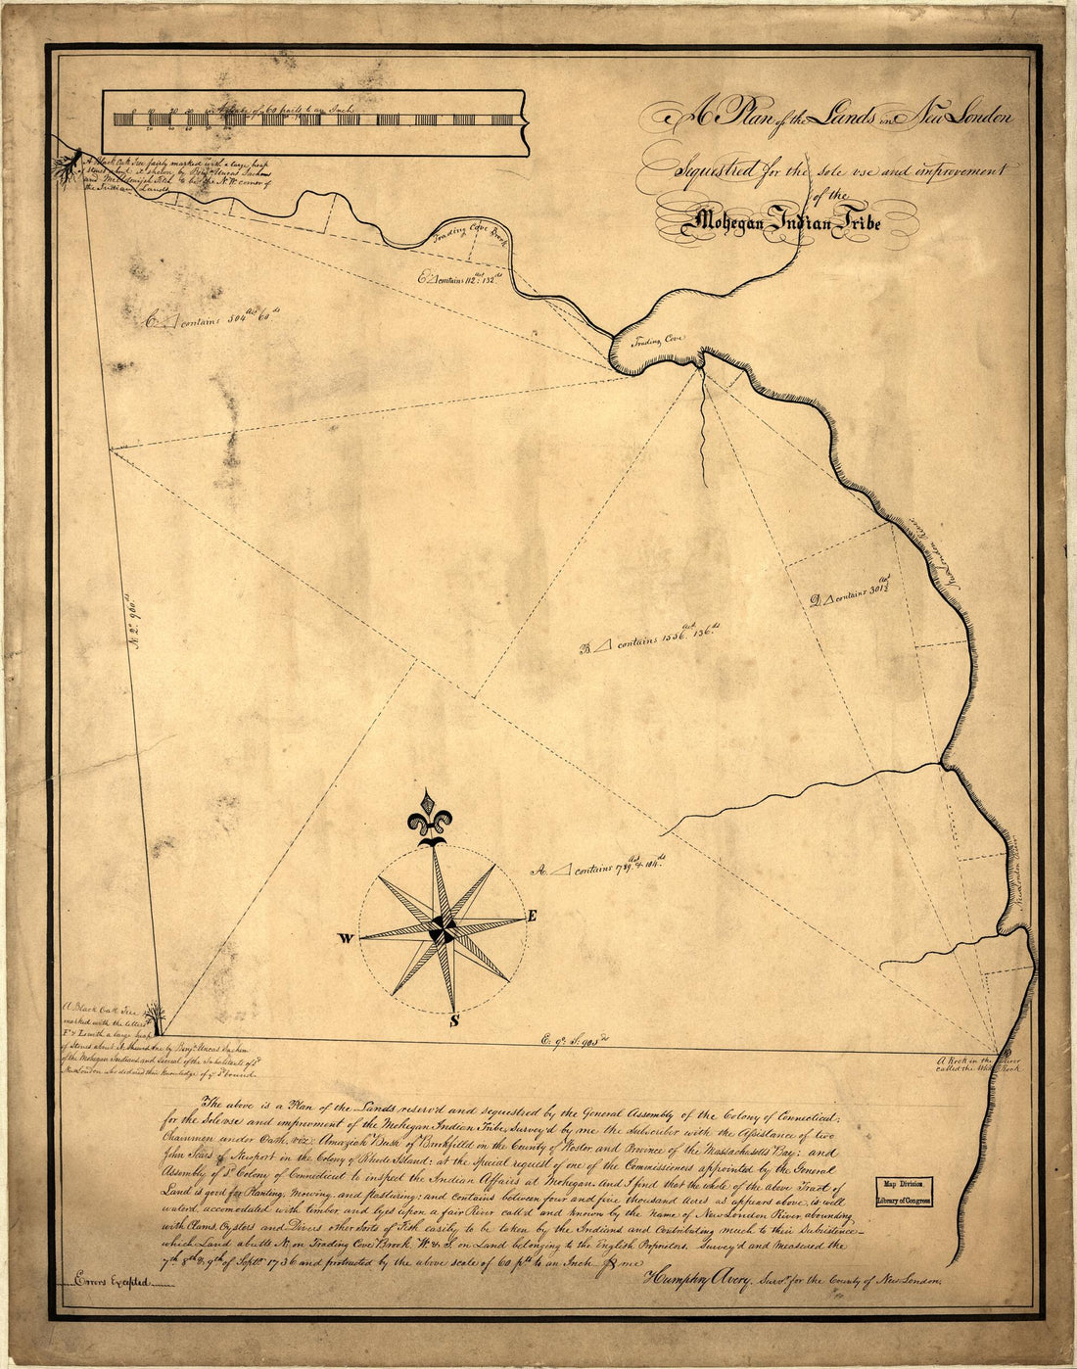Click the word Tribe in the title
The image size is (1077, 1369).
pos(856,223)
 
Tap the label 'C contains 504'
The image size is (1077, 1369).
pos(207,319)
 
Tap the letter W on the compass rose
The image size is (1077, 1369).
pos(346,938)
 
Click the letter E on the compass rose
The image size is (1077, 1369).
pos(533,917)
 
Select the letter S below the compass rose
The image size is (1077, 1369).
pos(453,1022)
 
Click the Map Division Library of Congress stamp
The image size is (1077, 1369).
pos(903,1191)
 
